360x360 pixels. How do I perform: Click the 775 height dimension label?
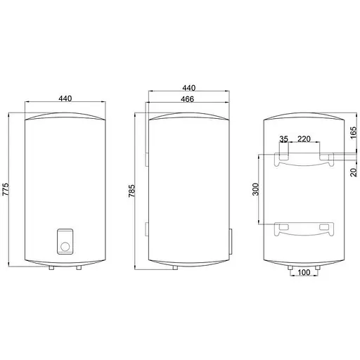(6, 189)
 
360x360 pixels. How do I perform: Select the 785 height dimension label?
(131, 191)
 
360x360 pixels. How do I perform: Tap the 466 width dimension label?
(187, 99)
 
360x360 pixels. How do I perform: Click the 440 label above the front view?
(65, 98)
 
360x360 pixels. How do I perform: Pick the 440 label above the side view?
(189, 88)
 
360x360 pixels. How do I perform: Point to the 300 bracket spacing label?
(256, 189)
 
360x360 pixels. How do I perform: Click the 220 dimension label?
(304, 139)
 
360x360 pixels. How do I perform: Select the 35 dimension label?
(283, 139)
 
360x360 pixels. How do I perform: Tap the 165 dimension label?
(354, 133)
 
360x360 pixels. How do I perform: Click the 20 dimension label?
(354, 172)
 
